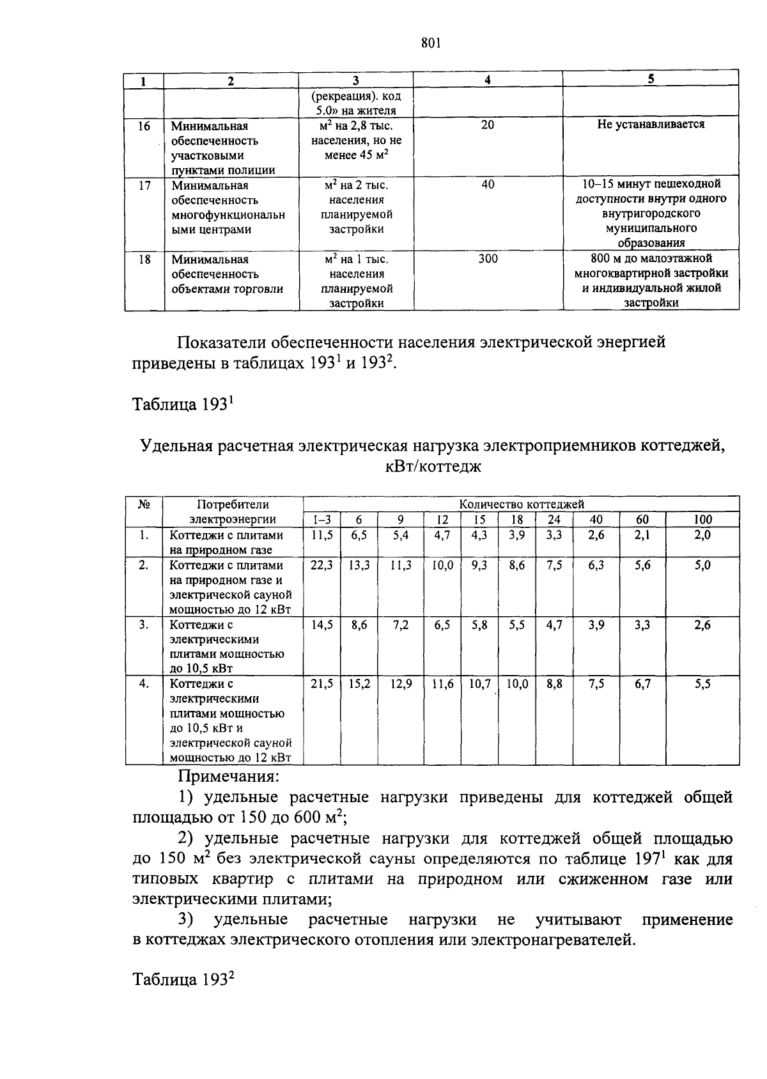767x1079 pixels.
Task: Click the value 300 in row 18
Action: coord(488,259)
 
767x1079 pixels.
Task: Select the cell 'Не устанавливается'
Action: coord(651,125)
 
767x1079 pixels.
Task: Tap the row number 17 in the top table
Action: coord(144,185)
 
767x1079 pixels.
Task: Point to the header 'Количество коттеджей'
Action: coord(522,504)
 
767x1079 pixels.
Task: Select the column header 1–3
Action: coord(322,520)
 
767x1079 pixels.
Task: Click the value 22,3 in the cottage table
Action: coord(322,566)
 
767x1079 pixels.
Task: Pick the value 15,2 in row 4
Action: coord(359,684)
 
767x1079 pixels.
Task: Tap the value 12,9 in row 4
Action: coord(401,684)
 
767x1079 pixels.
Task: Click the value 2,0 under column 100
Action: coord(702,535)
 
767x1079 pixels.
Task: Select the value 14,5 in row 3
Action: coord(322,625)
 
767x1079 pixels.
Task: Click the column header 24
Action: coord(554,520)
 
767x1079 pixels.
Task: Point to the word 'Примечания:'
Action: coord(228,777)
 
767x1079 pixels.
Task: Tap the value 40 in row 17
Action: coord(488,185)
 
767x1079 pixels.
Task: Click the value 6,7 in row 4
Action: coord(642,684)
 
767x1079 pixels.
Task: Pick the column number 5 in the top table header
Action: coord(651,79)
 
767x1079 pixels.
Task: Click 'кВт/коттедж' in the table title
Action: coord(433,467)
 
